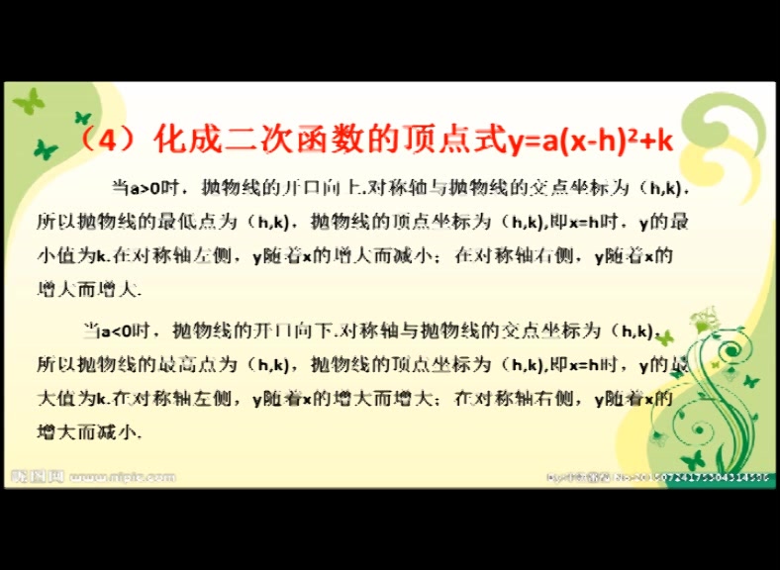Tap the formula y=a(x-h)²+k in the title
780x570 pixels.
[x=590, y=141]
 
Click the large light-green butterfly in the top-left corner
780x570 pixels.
[x=29, y=101]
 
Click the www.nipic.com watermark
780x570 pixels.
[x=124, y=477]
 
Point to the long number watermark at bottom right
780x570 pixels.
[x=683, y=477]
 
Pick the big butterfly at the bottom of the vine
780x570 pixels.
[x=693, y=458]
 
